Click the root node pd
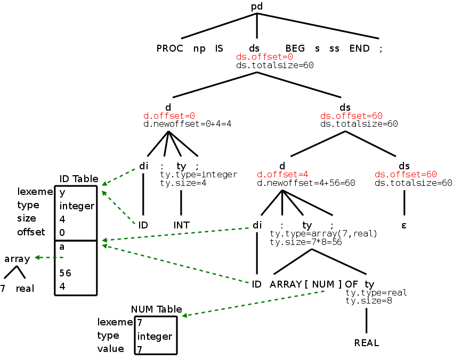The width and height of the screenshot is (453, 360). pos(257,6)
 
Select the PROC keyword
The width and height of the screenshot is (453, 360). pos(169,48)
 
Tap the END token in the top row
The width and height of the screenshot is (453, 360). pos(359,48)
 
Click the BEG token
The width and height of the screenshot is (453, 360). pos(295,48)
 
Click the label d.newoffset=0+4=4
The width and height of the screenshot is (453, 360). pos(187,124)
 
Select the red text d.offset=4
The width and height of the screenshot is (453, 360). pos(282,174)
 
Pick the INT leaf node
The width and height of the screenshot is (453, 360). pos(181,225)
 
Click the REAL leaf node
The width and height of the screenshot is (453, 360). pos(367,342)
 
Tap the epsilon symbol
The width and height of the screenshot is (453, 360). pos(404,225)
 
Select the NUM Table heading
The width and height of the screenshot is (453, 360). pos(157,309)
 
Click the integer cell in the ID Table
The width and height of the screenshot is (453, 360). pos(77,206)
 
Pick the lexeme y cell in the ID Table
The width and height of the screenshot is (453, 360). pos(62,192)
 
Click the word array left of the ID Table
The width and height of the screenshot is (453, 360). pos(17,259)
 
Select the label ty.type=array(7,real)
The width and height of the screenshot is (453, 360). pos(323,234)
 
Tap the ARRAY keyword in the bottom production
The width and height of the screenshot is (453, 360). pos(286,284)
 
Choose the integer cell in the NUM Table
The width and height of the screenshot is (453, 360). pos(155,337)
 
